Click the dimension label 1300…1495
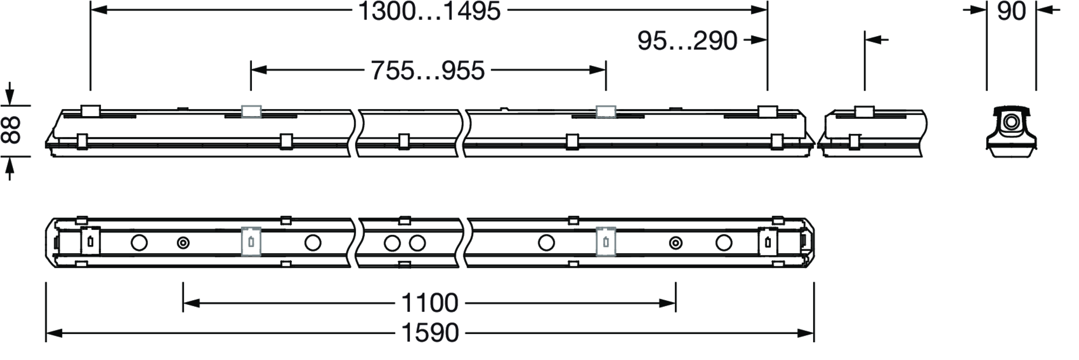[x=429, y=11]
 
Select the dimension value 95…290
[x=687, y=41]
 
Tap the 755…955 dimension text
[x=428, y=71]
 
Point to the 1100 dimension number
[x=430, y=303]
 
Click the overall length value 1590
[x=431, y=333]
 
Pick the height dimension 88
[x=12, y=130]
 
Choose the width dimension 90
[x=1012, y=11]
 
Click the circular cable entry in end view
[x=1010, y=122]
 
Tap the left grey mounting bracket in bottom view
[x=251, y=241]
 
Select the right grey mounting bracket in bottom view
[x=605, y=241]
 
